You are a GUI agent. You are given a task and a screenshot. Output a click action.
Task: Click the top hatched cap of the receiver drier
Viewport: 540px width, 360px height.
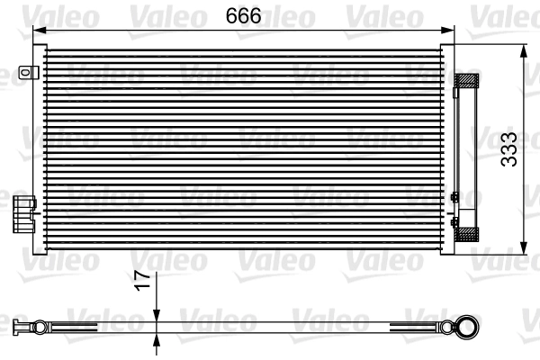point(468,80)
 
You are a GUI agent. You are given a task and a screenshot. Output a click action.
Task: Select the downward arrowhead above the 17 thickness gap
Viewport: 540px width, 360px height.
point(157,312)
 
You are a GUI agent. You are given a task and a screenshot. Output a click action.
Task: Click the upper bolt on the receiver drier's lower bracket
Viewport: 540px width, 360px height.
point(454,197)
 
